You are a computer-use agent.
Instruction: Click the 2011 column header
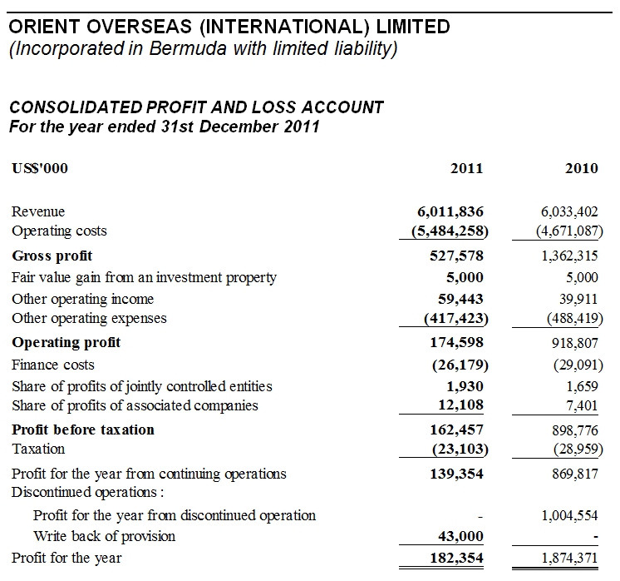pos(466,168)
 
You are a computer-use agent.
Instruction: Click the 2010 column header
pos(581,168)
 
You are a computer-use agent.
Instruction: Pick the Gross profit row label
pos(52,256)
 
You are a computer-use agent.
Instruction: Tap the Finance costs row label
pos(53,365)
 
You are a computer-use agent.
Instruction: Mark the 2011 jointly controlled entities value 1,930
pos(465,386)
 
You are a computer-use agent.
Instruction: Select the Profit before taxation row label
pos(83,430)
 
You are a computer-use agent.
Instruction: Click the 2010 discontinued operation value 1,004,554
pos(569,515)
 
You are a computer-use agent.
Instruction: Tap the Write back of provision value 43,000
pos(460,536)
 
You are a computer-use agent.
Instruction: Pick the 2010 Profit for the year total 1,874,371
pos(569,558)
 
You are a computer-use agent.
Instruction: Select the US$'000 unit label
pos(40,168)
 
